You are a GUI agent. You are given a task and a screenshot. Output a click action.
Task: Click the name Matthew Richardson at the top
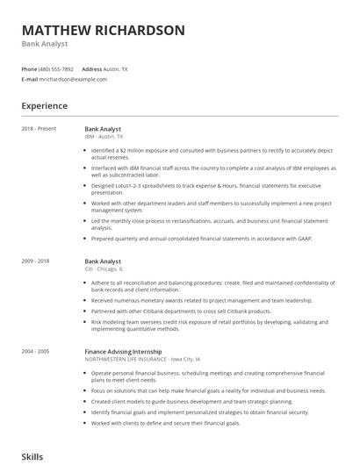click(x=103, y=30)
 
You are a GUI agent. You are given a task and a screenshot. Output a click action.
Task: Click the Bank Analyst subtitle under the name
click(x=45, y=44)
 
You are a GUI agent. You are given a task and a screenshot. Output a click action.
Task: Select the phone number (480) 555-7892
click(x=57, y=68)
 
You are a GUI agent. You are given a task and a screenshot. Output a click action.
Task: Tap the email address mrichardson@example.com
click(x=74, y=79)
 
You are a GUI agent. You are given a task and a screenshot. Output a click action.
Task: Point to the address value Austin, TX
click(x=116, y=68)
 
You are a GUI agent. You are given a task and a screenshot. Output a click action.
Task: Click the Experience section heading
click(x=44, y=106)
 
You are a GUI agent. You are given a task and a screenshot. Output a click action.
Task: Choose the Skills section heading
click(x=32, y=457)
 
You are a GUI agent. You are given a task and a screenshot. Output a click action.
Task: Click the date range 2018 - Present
click(x=39, y=129)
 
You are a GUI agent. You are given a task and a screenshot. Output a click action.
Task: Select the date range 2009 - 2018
click(x=36, y=261)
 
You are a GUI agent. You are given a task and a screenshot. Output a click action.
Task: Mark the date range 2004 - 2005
click(x=36, y=351)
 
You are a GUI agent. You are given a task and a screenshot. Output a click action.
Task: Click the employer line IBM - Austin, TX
click(x=104, y=137)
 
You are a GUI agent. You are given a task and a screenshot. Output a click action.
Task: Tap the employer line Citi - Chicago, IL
click(x=104, y=269)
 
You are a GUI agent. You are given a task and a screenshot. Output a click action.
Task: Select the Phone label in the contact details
click(x=29, y=68)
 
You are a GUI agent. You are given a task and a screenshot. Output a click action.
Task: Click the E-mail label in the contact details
click(x=30, y=79)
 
